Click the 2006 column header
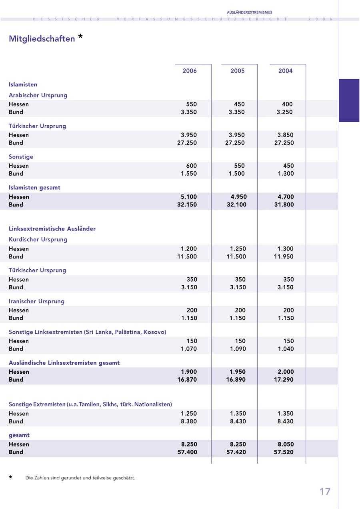click(x=190, y=71)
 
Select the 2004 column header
click(x=285, y=71)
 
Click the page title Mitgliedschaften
click(x=42, y=39)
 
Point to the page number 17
click(x=325, y=491)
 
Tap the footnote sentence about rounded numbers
click(x=80, y=478)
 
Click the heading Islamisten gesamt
click(x=34, y=187)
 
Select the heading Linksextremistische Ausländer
click(x=52, y=229)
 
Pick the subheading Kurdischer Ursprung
click(x=38, y=239)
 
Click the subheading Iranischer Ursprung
click(x=36, y=301)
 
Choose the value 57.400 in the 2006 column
click(x=187, y=452)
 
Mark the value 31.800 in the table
click(x=284, y=204)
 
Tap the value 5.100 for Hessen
click(x=189, y=197)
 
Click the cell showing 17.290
click(x=284, y=379)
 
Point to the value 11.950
click(x=284, y=257)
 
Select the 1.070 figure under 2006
click(x=189, y=349)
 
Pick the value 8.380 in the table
click(x=189, y=421)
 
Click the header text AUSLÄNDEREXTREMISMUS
click(x=250, y=12)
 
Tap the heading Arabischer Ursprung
click(x=38, y=95)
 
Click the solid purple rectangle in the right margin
click(x=349, y=100)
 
